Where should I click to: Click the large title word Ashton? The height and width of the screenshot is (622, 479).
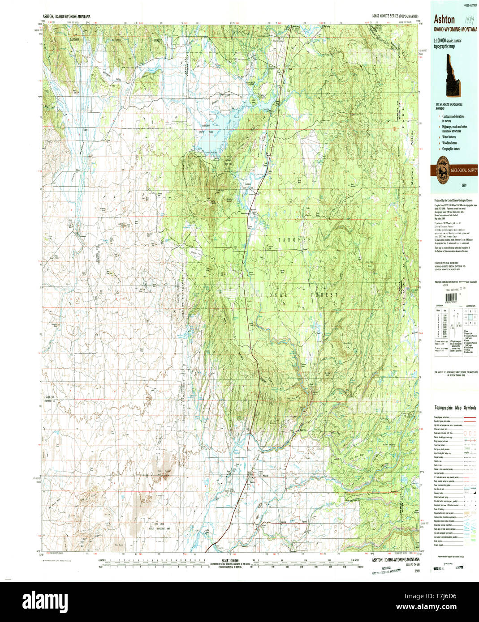pyautogui.click(x=444, y=19)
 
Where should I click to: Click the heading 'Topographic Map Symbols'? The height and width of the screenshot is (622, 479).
pyautogui.click(x=455, y=408)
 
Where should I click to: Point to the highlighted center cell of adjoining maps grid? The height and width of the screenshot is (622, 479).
pyautogui.click(x=469, y=316)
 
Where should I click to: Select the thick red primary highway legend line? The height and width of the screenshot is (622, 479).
pyautogui.click(x=469, y=417)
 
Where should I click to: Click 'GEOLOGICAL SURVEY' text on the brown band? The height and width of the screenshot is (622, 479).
pyautogui.click(x=464, y=170)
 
